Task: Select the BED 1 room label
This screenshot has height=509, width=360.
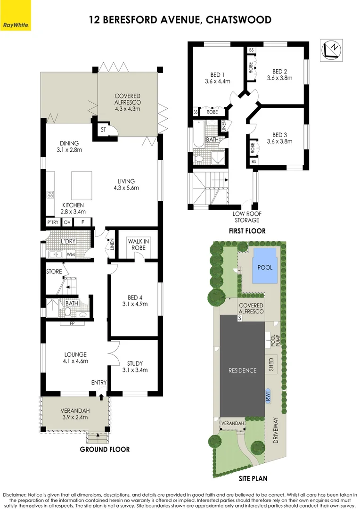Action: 217,74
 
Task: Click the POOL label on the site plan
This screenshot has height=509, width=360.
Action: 265,267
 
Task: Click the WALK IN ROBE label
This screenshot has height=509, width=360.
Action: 139,245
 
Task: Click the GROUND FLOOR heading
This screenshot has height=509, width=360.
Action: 105,449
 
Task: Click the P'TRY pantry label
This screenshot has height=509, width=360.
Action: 51,222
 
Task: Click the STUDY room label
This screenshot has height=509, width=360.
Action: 134,363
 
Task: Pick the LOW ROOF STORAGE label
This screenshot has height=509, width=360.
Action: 246,217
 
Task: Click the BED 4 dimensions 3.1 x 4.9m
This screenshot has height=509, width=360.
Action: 134,304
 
